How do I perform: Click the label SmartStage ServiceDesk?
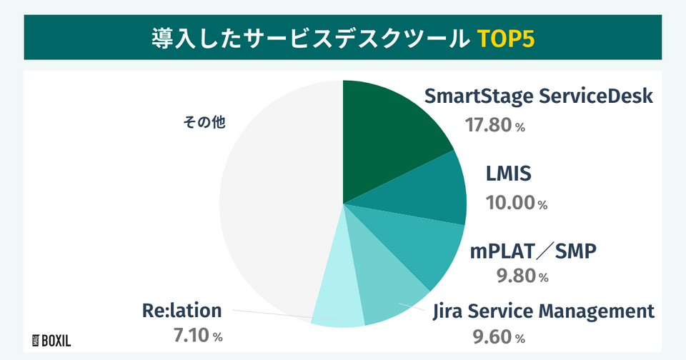539,96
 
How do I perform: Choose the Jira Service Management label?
544,311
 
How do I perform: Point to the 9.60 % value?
499,336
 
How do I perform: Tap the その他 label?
204,122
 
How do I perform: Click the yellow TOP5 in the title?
505,38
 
